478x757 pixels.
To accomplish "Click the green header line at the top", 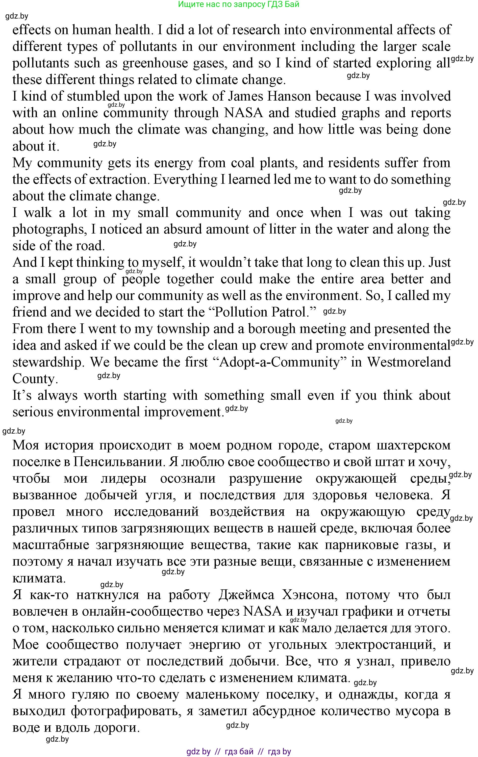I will tap(239, 4).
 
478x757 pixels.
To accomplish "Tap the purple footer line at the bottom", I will tap(239, 752).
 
